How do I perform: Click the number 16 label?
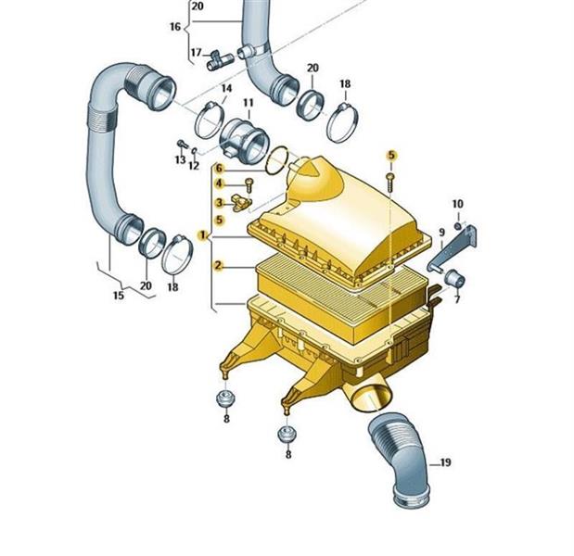click(x=175, y=27)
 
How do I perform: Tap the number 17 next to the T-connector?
click(x=197, y=53)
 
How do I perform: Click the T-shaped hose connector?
click(x=219, y=60)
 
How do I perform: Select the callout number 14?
click(x=226, y=88)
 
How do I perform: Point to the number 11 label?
click(x=249, y=103)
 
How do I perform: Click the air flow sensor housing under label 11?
click(x=244, y=141)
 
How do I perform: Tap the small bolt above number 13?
click(x=182, y=144)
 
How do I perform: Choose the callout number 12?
click(x=194, y=166)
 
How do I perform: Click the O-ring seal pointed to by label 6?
click(x=277, y=160)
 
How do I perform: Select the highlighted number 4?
click(x=219, y=183)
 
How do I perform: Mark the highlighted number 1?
click(x=202, y=234)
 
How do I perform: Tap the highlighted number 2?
click(x=218, y=265)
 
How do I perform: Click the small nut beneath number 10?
click(x=457, y=226)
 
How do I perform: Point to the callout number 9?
click(x=441, y=232)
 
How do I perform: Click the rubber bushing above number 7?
click(x=454, y=279)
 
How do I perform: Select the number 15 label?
click(x=119, y=295)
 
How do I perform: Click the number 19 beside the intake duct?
click(x=445, y=462)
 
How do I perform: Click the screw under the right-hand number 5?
click(x=390, y=183)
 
